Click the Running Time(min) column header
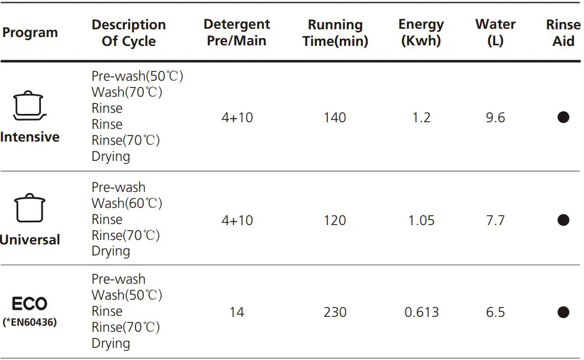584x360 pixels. [x=335, y=33]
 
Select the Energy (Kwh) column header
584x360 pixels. [x=421, y=33]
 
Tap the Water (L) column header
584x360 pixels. [x=495, y=33]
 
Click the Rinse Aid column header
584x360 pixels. [x=563, y=33]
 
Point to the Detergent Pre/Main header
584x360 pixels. [x=237, y=33]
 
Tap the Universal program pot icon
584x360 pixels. [x=29, y=208]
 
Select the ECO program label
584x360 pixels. [x=29, y=304]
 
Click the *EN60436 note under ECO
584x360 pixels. [x=29, y=322]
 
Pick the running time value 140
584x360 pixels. [x=335, y=118]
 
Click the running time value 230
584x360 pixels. [x=335, y=312]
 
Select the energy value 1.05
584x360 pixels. [x=421, y=221]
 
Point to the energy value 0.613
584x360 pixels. [x=421, y=312]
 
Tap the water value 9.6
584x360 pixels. [x=495, y=118]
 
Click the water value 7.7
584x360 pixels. [x=495, y=221]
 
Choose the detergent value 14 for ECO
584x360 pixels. [x=237, y=312]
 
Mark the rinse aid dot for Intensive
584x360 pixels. [x=563, y=117]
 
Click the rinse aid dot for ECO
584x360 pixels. [x=563, y=312]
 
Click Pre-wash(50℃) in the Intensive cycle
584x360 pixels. [x=137, y=76]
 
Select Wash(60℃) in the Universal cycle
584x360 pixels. [x=127, y=204]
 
